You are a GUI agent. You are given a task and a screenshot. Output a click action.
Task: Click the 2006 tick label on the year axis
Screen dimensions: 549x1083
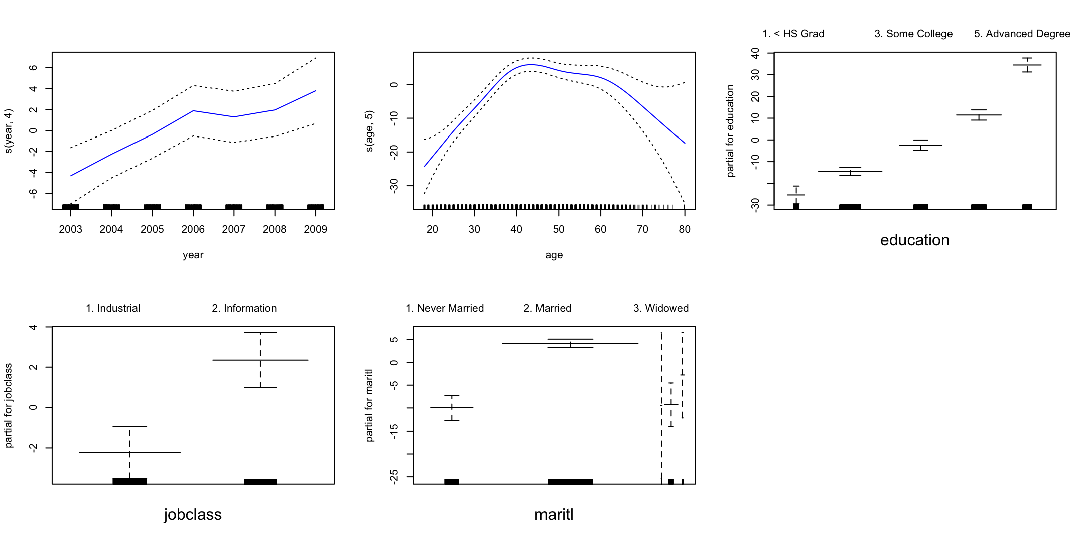pos(193,229)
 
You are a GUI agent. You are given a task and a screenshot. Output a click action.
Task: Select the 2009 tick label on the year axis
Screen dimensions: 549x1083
pos(315,229)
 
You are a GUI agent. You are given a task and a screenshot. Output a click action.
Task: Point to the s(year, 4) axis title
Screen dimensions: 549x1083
pos(8,130)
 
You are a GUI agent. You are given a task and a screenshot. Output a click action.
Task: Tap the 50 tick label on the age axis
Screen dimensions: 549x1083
pos(558,229)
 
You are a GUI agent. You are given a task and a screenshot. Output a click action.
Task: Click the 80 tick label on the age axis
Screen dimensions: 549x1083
pos(685,229)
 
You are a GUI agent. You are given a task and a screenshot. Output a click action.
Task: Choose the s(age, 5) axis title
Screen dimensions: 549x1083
pos(369,130)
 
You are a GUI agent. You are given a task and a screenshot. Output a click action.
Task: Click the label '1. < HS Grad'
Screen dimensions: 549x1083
pos(793,34)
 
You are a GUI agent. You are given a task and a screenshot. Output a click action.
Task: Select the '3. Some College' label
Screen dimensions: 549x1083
pos(913,34)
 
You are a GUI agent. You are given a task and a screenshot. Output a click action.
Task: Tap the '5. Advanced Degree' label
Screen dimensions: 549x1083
pos(1022,34)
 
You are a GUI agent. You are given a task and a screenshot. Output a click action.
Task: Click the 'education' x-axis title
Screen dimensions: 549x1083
pos(915,240)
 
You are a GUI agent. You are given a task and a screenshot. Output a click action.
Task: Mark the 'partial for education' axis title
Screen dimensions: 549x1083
pos(730,130)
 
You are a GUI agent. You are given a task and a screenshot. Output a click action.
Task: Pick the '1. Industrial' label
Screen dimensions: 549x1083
pos(113,308)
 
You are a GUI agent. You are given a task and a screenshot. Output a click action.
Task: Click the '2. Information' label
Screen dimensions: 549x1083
pos(244,308)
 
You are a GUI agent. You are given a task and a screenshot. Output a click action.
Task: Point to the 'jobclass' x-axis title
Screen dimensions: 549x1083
pos(193,515)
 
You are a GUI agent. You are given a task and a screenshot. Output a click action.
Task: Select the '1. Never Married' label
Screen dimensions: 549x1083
pos(445,308)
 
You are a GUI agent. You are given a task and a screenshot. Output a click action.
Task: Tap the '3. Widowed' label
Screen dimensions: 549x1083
pos(660,308)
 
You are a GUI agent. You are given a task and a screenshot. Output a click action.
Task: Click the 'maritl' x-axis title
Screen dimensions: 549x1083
pos(554,515)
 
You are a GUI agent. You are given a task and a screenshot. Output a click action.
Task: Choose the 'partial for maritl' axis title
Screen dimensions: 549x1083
pos(369,405)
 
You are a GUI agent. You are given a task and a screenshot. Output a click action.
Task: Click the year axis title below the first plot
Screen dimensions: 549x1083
pos(193,255)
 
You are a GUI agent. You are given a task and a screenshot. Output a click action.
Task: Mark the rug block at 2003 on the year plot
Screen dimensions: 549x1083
pos(71,207)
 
